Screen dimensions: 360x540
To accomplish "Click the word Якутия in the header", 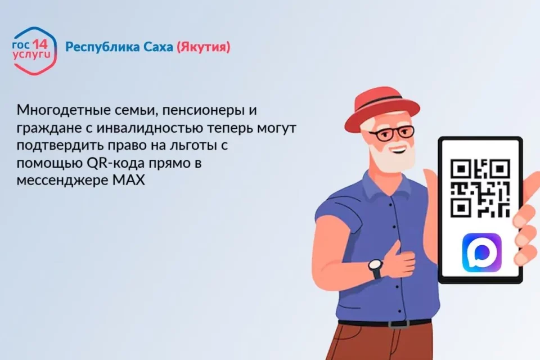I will click(204, 47).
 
